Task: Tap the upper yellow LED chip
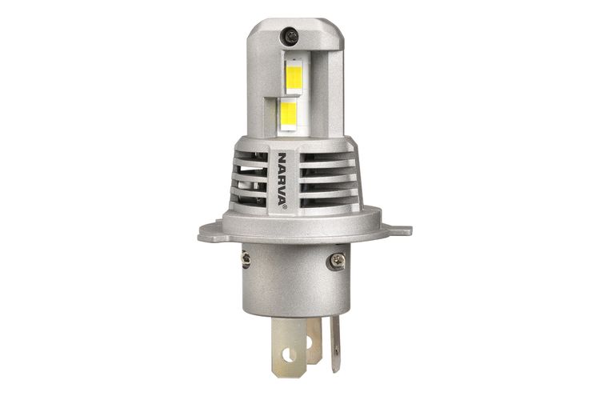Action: point(294,77)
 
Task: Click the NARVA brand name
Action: point(282,178)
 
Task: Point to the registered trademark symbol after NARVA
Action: point(282,206)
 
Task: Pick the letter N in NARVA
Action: point(282,155)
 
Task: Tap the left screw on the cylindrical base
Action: point(246,260)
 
